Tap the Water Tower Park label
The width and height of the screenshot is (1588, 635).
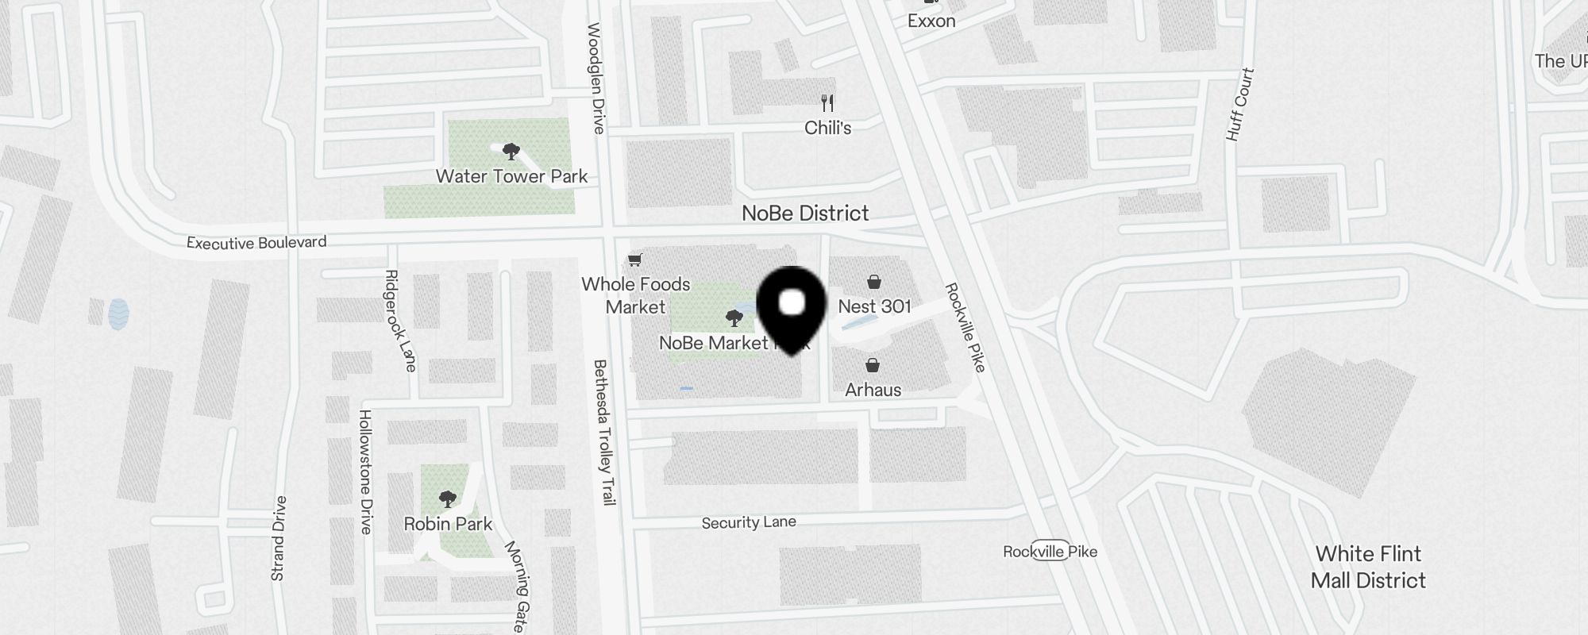511,176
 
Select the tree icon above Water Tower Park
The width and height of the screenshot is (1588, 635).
511,151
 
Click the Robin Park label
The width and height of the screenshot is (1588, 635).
448,524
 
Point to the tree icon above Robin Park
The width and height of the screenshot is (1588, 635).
448,499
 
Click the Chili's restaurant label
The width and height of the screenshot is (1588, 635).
827,128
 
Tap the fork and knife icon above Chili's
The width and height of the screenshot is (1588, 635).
827,103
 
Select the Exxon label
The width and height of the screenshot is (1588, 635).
931,21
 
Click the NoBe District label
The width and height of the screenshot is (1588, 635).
805,213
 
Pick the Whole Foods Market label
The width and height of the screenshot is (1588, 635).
635,295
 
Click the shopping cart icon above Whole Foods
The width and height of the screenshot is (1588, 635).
634,260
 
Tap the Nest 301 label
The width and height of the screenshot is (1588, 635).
874,306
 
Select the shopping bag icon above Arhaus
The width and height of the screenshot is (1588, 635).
873,365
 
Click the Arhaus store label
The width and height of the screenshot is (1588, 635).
873,390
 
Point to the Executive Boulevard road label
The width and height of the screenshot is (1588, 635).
256,242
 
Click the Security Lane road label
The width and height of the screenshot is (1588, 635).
749,522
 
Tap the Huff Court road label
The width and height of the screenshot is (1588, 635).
1239,105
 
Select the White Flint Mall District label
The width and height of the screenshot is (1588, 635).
1368,567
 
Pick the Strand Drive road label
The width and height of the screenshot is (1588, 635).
278,538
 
